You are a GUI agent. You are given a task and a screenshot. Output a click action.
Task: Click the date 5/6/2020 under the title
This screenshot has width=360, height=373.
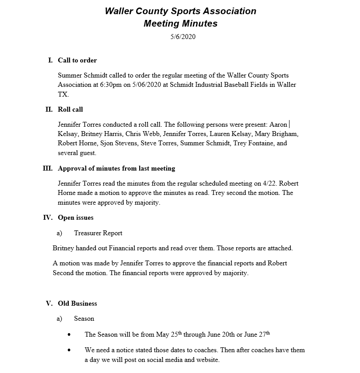coord(183,37)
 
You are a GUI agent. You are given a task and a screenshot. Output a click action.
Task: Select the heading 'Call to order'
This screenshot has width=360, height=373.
coord(77,60)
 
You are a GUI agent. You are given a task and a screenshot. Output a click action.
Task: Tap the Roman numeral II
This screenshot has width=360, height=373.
coord(49,109)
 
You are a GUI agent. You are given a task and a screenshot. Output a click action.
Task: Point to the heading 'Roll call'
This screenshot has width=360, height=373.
coord(70,109)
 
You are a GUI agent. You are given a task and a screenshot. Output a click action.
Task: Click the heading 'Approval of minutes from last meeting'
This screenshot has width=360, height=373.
coord(116,168)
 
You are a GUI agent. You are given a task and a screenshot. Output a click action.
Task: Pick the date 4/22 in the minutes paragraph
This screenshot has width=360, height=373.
coord(271,183)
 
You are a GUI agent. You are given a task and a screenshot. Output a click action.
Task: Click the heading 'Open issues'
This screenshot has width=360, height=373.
coord(75,218)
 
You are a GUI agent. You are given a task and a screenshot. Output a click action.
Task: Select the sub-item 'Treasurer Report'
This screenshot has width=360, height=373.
coord(98,233)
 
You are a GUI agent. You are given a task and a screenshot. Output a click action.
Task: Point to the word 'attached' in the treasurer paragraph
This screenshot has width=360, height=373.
coord(279,248)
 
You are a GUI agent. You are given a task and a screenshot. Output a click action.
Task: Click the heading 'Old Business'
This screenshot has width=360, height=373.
coord(77,303)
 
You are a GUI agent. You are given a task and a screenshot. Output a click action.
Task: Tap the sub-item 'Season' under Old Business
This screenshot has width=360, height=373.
coord(84,319)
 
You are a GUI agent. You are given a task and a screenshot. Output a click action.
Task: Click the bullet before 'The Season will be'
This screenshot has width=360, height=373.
coord(69,335)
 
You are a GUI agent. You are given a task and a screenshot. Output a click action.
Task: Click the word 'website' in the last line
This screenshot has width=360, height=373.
coord(207,360)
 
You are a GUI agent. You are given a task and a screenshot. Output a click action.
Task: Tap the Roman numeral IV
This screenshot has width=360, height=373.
coord(47,218)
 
